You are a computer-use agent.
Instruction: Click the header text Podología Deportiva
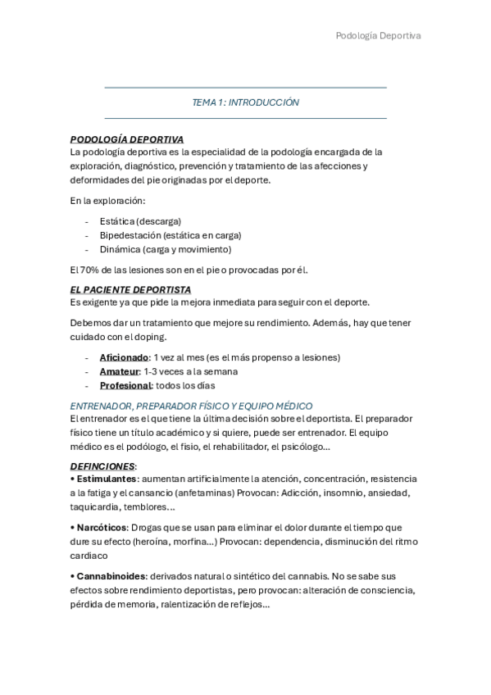[x=378, y=36]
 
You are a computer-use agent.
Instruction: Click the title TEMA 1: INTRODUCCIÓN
[x=245, y=103]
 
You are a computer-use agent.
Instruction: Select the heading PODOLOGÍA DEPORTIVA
[x=127, y=139]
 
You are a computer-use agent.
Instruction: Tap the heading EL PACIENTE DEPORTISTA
[x=130, y=289]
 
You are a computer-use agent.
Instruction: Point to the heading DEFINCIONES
[x=102, y=466]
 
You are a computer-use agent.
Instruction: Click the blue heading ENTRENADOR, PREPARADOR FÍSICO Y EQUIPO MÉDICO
[x=191, y=406]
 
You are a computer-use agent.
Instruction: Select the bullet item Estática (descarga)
[x=140, y=221]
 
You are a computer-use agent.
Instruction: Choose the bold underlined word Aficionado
[x=124, y=357]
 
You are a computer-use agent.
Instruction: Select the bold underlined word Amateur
[x=119, y=371]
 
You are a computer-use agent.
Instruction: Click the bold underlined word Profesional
[x=125, y=385]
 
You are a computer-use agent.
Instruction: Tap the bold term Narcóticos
[x=102, y=527]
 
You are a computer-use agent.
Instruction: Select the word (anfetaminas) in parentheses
[x=224, y=493]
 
